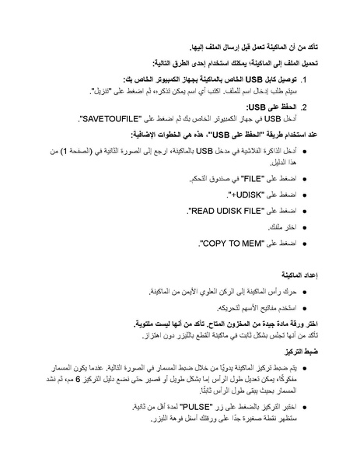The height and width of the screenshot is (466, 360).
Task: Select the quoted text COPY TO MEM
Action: click(229, 244)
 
